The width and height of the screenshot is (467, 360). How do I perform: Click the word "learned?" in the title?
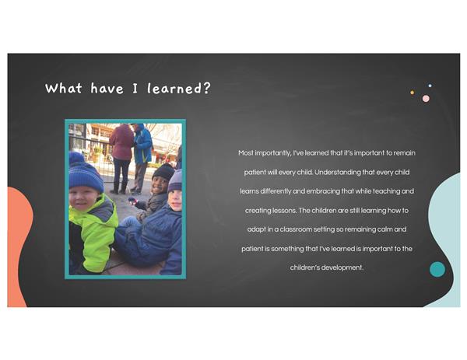click(179, 89)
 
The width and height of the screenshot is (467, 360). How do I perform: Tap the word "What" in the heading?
click(64, 88)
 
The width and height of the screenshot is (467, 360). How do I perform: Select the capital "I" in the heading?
click(135, 89)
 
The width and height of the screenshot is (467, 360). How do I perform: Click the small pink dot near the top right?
click(426, 99)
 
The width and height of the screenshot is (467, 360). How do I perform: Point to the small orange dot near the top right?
click(413, 93)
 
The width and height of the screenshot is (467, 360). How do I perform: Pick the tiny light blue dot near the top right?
click(430, 86)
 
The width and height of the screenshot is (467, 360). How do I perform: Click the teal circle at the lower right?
click(437, 269)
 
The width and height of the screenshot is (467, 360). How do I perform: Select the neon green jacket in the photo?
click(94, 231)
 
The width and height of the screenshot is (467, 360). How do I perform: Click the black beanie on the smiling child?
click(163, 172)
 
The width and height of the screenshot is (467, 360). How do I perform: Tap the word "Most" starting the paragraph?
click(246, 153)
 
